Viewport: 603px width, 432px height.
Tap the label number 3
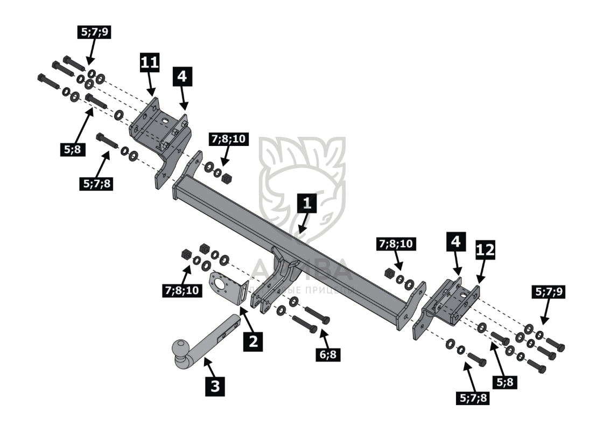[216, 386]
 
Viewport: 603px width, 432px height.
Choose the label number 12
[485, 250]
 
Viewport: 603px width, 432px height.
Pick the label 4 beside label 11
[181, 77]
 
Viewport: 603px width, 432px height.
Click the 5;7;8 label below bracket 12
[474, 399]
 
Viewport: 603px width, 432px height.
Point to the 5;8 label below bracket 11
[72, 149]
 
